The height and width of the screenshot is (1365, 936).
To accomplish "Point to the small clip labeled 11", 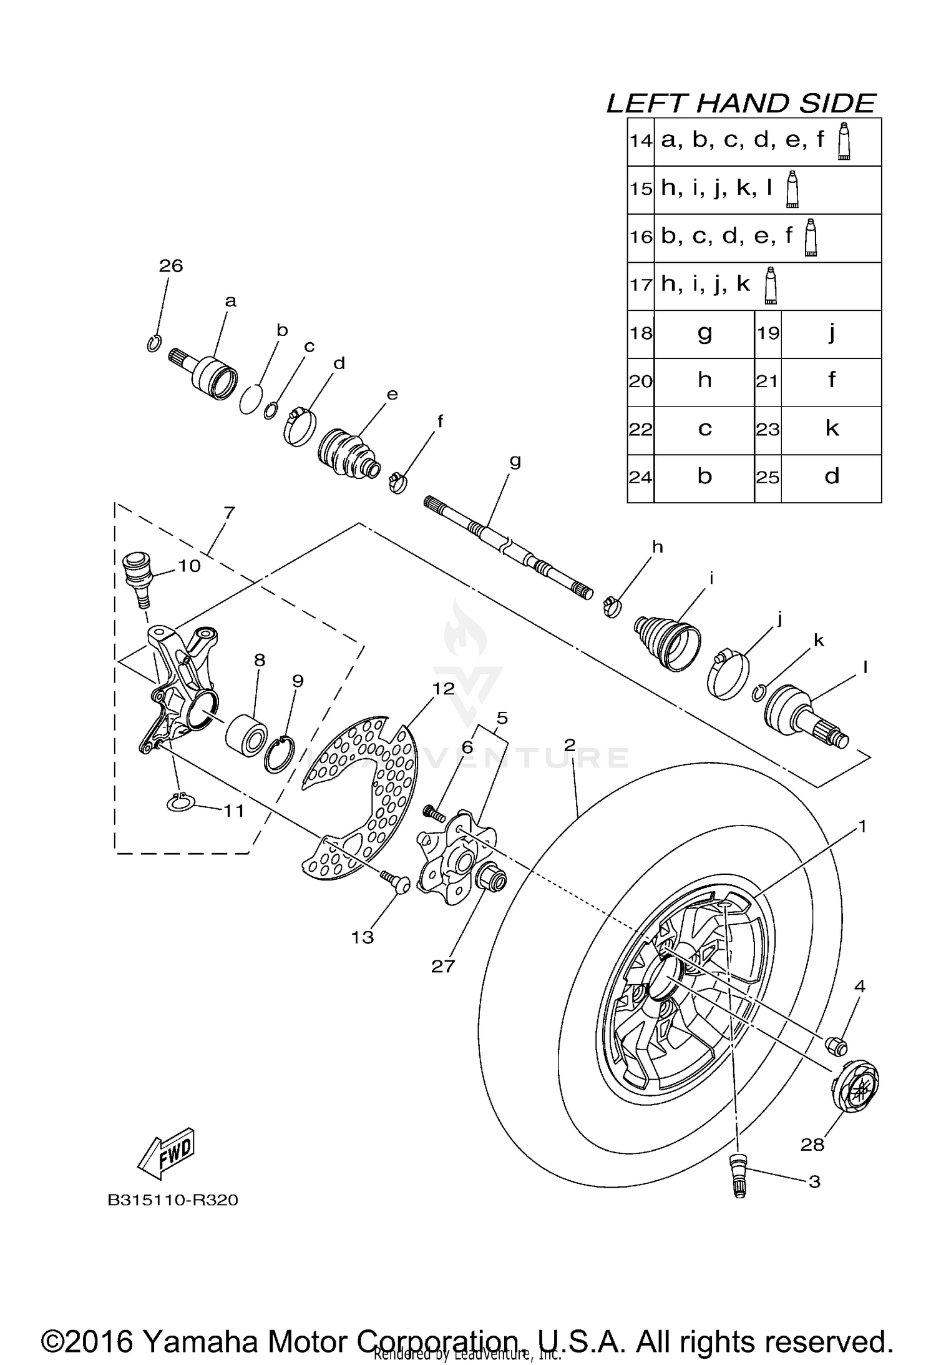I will [x=182, y=803].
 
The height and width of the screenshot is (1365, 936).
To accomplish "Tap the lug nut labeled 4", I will [x=835, y=1043].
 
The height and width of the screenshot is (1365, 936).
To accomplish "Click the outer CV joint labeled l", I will [x=805, y=716].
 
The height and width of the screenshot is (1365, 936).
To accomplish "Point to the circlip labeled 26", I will [x=155, y=343].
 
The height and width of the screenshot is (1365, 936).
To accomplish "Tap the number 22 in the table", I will [x=641, y=430].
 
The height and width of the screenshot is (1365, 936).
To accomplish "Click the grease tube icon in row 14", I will [x=844, y=142].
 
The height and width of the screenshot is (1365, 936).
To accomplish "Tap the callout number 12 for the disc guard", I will [x=444, y=688].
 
